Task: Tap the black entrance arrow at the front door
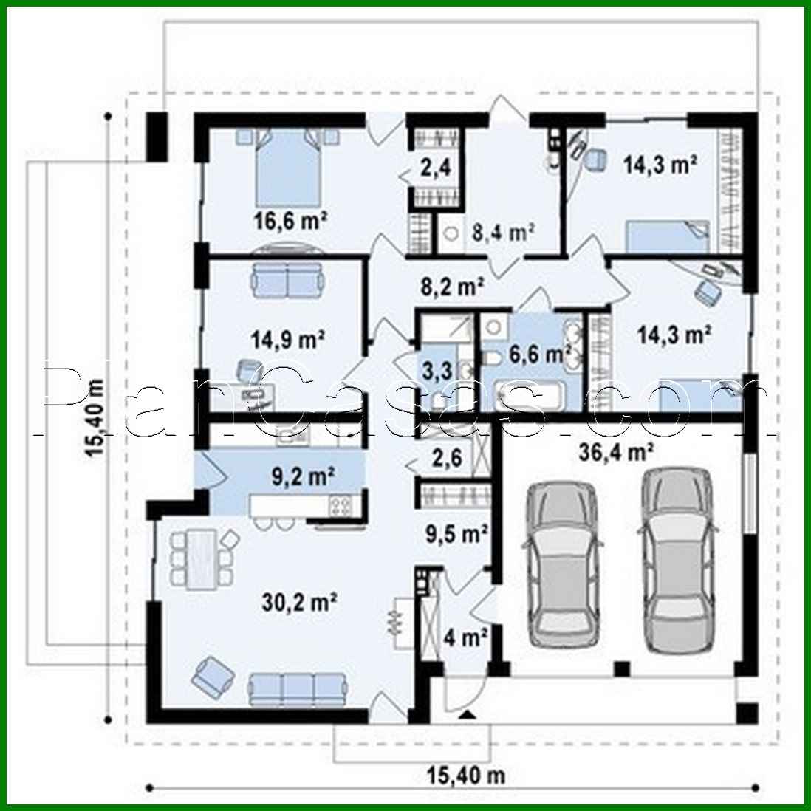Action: point(466,714)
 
